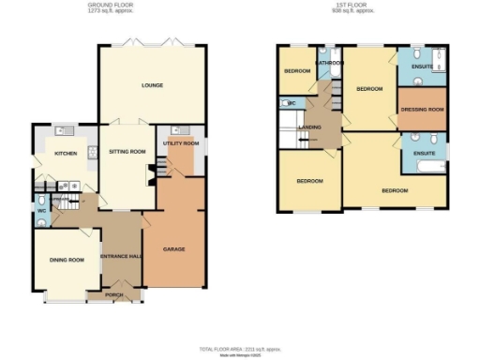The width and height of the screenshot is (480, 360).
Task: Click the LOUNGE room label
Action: (x=152, y=85)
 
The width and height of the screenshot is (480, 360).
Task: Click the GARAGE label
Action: (x=173, y=250)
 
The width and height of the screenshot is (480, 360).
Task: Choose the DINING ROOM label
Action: (x=67, y=260)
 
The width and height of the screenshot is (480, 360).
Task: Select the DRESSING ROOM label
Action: (x=421, y=110)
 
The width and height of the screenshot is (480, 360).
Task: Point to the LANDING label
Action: (x=309, y=127)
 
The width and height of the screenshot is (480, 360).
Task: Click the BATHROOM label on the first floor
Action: (x=329, y=63)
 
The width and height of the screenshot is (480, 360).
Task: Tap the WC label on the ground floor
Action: (x=42, y=210)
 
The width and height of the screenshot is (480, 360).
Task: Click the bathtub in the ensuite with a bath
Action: (x=424, y=167)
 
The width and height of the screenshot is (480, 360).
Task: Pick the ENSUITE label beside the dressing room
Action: (x=419, y=67)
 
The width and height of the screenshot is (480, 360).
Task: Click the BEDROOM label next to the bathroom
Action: (x=298, y=70)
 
